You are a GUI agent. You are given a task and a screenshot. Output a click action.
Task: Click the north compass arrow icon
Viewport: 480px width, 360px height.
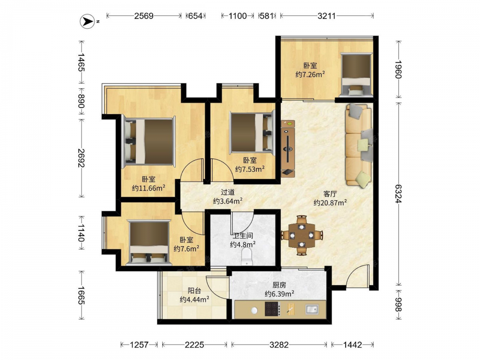(x=87, y=22)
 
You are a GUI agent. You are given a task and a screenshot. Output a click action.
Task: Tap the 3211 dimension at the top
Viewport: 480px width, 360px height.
(x=326, y=16)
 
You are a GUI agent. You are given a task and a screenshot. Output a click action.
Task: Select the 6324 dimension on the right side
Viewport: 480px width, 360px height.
(x=398, y=193)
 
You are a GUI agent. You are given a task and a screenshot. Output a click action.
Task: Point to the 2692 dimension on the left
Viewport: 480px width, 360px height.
(x=82, y=158)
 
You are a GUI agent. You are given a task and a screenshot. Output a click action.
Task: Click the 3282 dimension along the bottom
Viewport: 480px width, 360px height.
(x=279, y=345)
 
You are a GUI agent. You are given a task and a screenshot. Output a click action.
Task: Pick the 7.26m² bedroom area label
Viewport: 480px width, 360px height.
(x=310, y=74)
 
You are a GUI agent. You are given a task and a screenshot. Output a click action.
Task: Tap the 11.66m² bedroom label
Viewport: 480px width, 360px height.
(x=149, y=188)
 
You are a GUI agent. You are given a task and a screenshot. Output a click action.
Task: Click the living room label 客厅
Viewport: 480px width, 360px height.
(x=330, y=194)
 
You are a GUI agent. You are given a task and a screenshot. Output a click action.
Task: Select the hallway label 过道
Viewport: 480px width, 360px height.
(x=228, y=192)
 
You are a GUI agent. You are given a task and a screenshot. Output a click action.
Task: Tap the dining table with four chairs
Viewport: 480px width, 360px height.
(x=302, y=235)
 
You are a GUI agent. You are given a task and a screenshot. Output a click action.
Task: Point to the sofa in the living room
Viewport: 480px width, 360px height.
(x=359, y=145)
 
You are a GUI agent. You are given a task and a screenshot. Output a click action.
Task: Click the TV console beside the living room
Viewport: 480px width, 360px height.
(x=288, y=148)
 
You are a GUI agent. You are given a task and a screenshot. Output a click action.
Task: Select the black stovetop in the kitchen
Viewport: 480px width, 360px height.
(x=273, y=309)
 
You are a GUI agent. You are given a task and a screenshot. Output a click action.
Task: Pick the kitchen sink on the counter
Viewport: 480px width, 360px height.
(x=312, y=309)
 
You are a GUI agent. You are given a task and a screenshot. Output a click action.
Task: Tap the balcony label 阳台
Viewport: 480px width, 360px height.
(x=194, y=290)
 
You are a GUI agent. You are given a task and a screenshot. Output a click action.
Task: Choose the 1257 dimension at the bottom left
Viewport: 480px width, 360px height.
(x=139, y=345)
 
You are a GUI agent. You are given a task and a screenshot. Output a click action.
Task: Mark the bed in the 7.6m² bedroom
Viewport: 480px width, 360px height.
(x=149, y=242)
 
